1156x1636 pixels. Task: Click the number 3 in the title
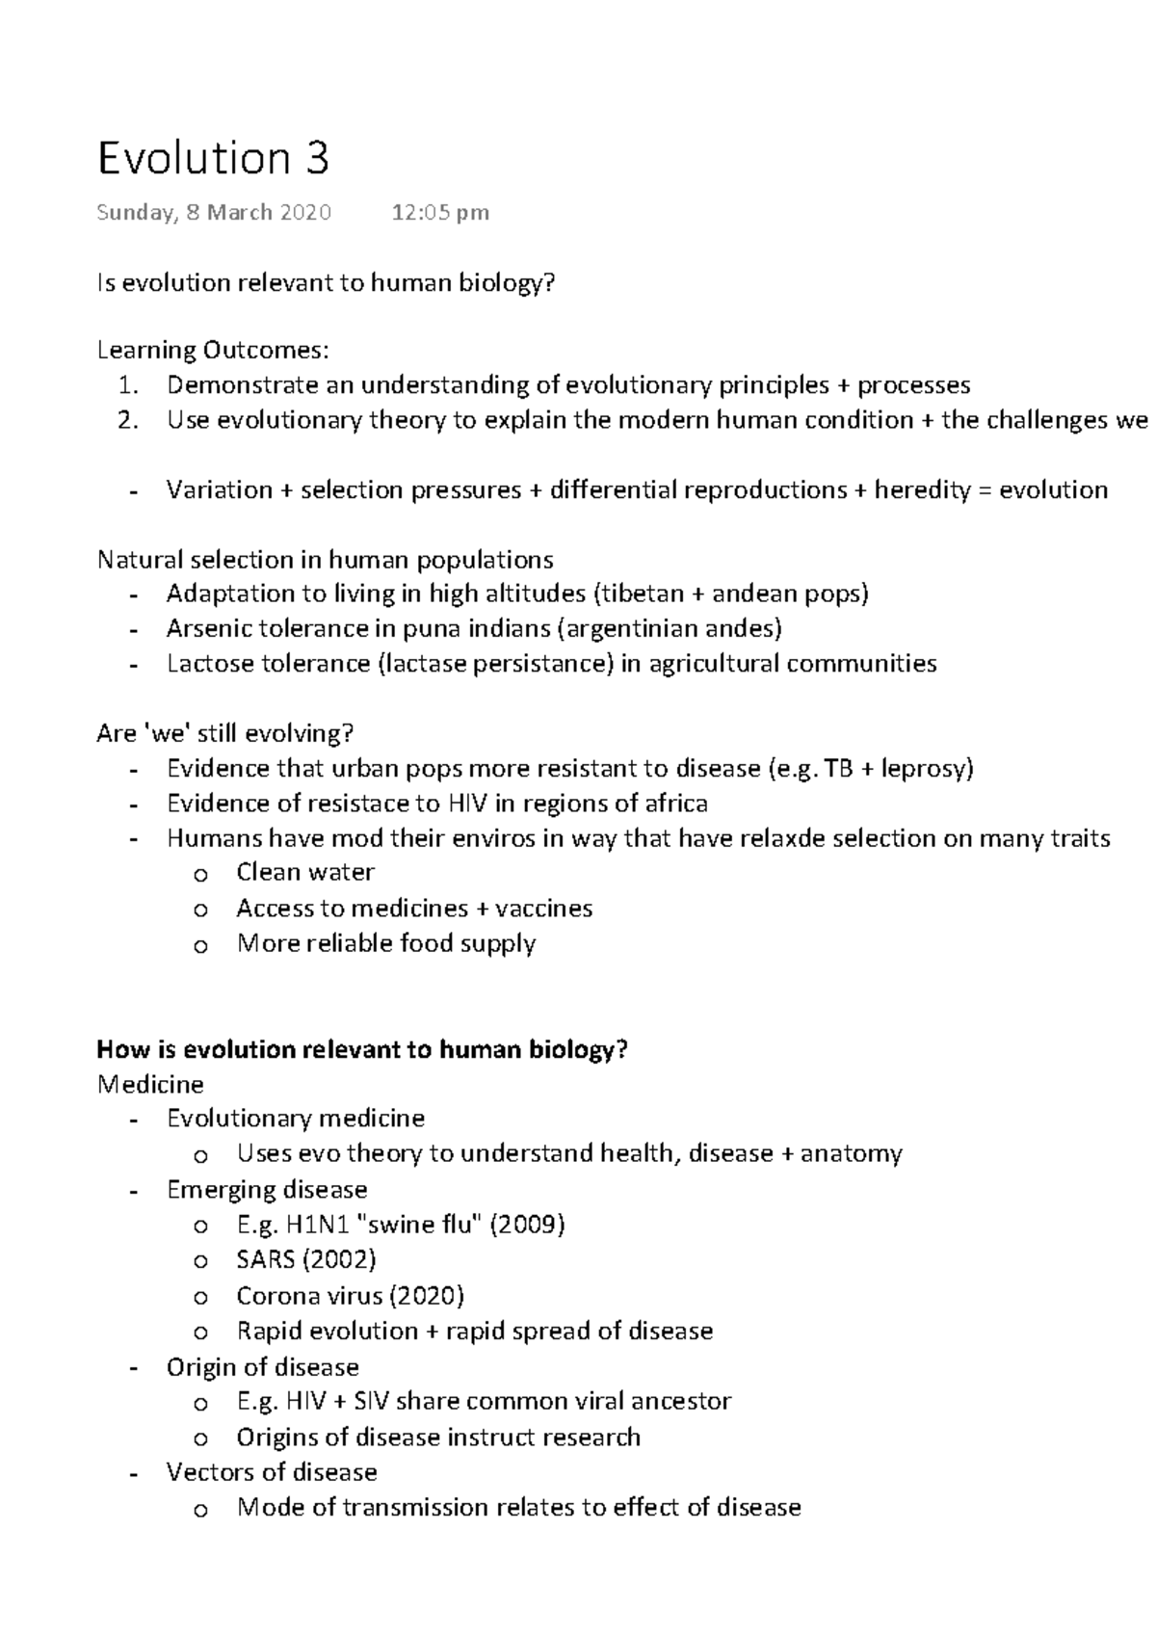point(318,159)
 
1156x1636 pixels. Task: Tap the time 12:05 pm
point(440,213)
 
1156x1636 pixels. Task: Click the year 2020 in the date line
point(305,213)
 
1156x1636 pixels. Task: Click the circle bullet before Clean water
point(200,875)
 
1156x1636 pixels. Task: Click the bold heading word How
point(120,1049)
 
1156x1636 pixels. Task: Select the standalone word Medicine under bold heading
point(150,1085)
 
